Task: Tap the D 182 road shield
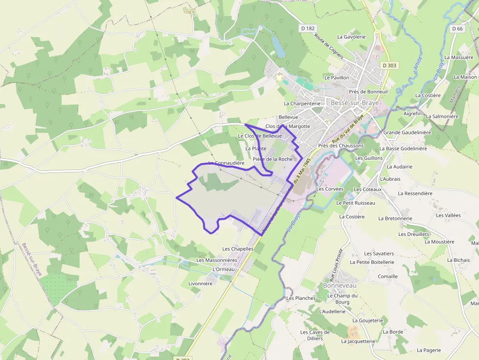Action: (x=308, y=28)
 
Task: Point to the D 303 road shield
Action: (x=390, y=65)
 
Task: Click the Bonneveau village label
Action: (x=340, y=285)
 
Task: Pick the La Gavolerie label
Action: (x=351, y=37)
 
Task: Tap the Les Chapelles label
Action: (x=238, y=249)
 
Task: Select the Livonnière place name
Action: (x=200, y=283)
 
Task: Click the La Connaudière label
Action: (x=226, y=163)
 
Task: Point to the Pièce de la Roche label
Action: (x=273, y=159)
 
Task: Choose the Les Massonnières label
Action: (x=217, y=260)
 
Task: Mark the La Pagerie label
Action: (x=429, y=350)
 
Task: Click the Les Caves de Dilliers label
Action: (x=315, y=335)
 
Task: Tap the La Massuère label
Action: (x=462, y=58)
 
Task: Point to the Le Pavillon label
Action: (x=337, y=77)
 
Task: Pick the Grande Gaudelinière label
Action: (x=407, y=132)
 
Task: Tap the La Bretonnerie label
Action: (x=395, y=218)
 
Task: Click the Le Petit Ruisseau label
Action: (x=356, y=203)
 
